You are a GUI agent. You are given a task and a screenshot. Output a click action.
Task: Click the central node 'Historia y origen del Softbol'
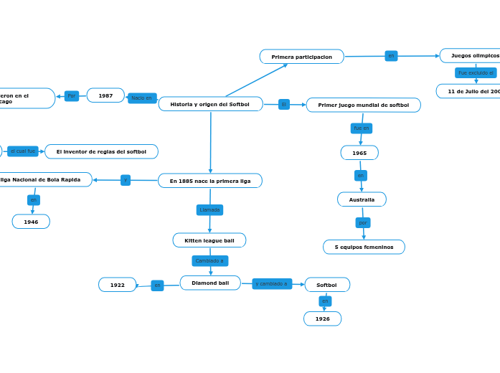click(210, 104)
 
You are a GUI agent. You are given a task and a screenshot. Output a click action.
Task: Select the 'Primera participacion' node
click(301, 57)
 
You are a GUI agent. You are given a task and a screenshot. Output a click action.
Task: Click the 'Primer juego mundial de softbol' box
click(363, 105)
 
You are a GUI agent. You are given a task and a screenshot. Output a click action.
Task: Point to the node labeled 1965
click(359, 153)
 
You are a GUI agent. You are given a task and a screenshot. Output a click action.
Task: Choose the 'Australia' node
click(362, 199)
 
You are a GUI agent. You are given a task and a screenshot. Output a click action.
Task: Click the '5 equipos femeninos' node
click(364, 247)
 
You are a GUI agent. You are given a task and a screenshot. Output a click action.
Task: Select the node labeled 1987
click(105, 95)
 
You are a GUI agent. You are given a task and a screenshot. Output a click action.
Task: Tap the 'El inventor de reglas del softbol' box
click(101, 151)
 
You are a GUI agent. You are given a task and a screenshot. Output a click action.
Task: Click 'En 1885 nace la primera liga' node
click(210, 181)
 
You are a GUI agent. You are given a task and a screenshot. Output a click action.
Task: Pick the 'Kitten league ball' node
click(209, 240)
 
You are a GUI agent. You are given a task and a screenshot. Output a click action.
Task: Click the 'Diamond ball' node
click(210, 283)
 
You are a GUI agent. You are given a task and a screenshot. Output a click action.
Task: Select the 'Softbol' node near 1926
click(327, 285)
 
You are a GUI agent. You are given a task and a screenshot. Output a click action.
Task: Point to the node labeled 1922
click(117, 285)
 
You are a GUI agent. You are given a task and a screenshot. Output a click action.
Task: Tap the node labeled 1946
click(31, 222)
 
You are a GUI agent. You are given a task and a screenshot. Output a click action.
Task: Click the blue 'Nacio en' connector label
click(142, 98)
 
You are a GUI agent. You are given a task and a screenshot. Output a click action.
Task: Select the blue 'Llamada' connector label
click(209, 210)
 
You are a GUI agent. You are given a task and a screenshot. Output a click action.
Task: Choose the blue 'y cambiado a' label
click(272, 283)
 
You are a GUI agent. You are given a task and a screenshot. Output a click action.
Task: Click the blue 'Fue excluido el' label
click(476, 73)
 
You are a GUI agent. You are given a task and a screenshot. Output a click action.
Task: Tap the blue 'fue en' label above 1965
click(361, 128)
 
